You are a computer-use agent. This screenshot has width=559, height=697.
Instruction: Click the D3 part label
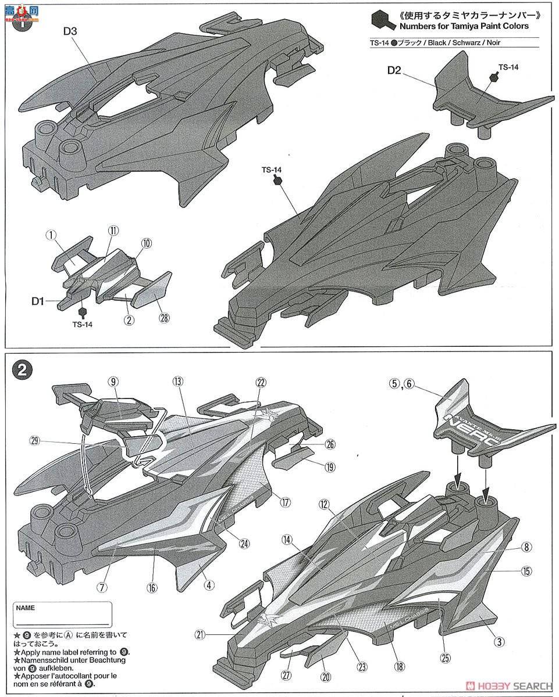pos(70,32)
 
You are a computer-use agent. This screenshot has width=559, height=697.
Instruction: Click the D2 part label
pos(394,70)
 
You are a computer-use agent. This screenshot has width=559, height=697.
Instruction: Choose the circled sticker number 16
pos(152,588)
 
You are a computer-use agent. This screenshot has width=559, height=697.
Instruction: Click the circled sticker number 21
pos(201,635)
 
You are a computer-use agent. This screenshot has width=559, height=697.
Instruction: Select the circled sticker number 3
pos(499,642)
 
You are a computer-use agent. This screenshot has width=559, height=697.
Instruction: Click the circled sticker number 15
pos(526,572)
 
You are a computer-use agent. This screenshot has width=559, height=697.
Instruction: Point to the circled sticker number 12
pos(325,505)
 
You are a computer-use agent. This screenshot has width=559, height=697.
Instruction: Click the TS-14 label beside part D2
pos(507,67)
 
